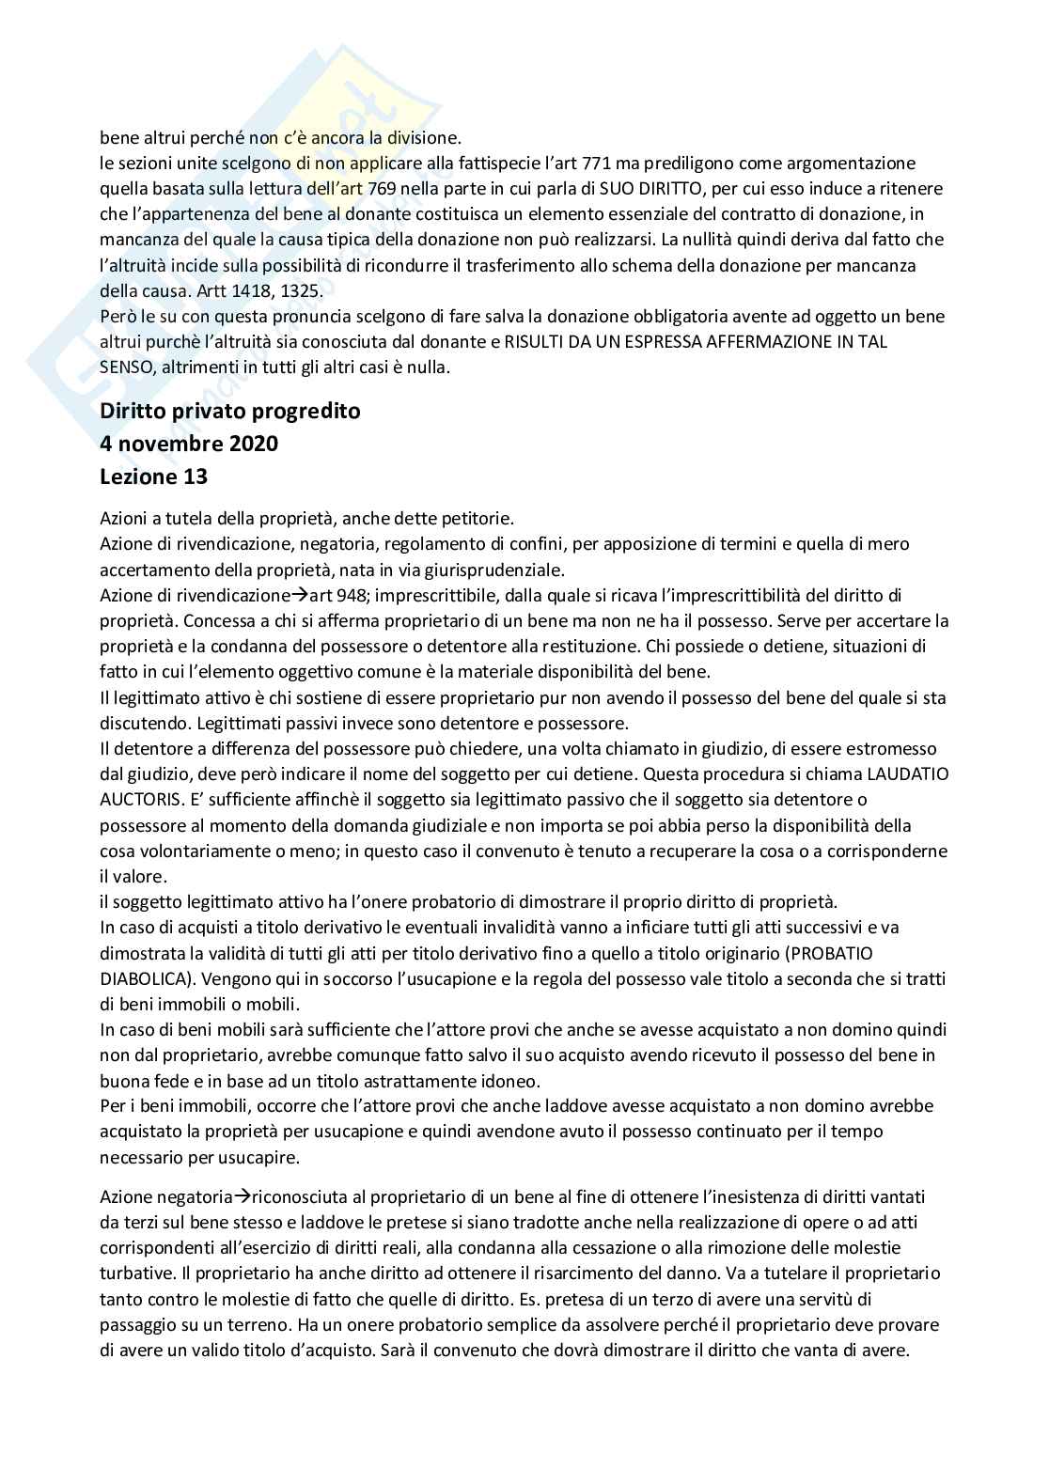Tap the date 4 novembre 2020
[189, 443]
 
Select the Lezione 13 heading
[153, 476]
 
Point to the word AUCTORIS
[137, 800]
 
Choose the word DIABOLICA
[146, 978]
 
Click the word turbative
[133, 1273]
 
